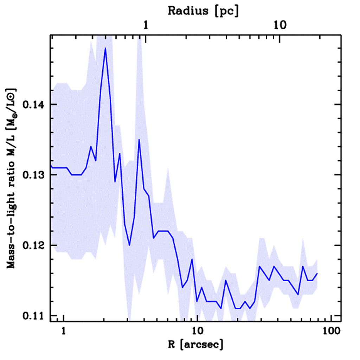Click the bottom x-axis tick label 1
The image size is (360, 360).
(x=64, y=331)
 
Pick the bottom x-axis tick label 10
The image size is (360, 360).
(x=198, y=331)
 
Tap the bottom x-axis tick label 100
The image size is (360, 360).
(x=331, y=331)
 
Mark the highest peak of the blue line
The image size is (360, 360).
(x=105, y=48)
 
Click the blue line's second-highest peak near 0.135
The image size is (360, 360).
(x=139, y=140)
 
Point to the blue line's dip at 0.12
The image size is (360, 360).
(x=129, y=245)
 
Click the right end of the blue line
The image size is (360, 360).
(x=317, y=273)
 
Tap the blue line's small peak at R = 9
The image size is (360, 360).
(x=192, y=259)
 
